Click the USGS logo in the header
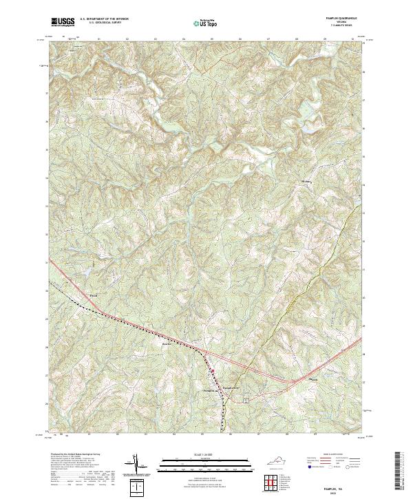(x=63, y=22)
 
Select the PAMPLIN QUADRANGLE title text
(x=339, y=19)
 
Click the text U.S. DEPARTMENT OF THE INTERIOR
(x=104, y=19)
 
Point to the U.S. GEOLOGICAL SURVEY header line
(x=100, y=23)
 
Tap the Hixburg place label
(x=307, y=182)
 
